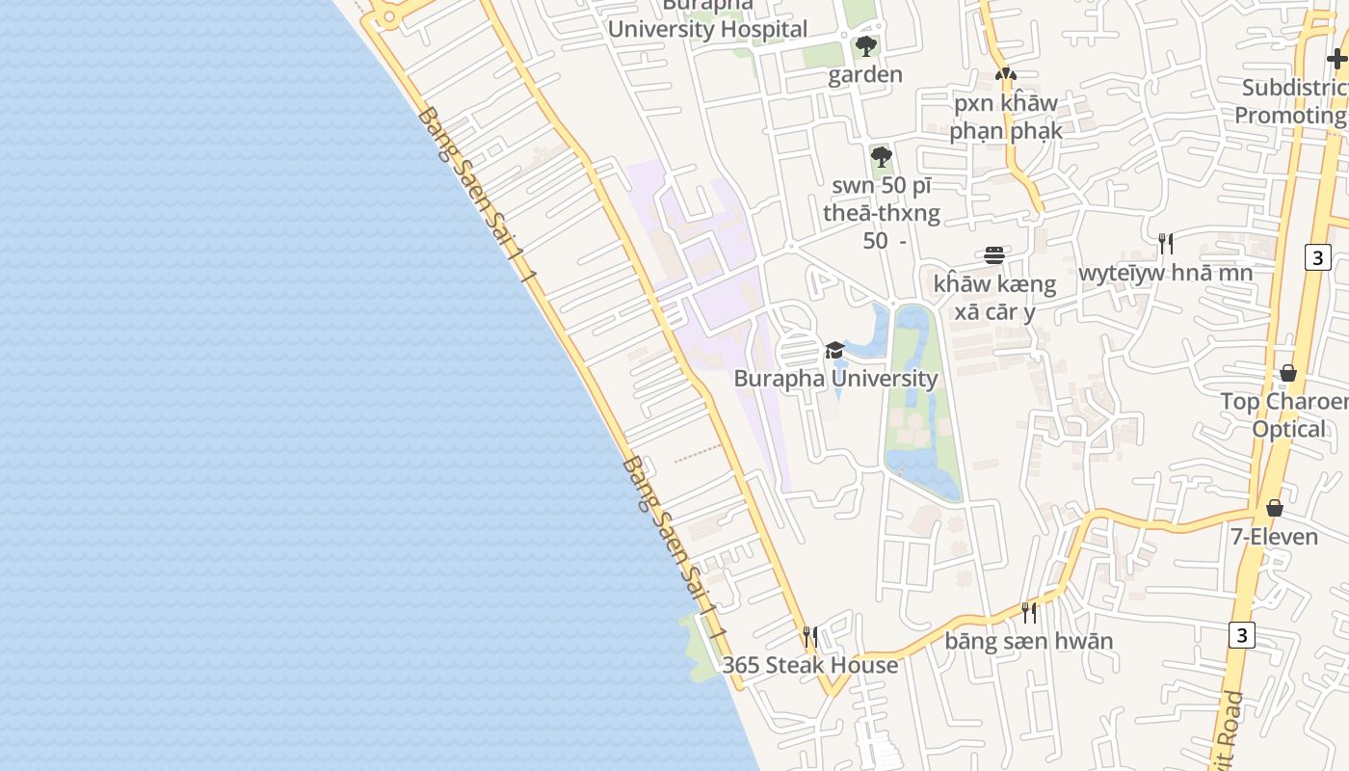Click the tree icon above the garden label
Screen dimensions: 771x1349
[x=865, y=45]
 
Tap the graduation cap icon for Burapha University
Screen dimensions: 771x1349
[x=834, y=350]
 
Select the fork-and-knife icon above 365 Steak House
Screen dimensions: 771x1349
[x=810, y=636]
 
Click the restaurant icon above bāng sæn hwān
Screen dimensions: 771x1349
[x=1029, y=612]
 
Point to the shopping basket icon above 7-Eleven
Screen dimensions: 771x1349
[x=1275, y=507]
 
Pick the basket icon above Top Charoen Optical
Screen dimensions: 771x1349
[x=1288, y=372]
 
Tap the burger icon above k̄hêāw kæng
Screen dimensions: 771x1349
[x=994, y=255]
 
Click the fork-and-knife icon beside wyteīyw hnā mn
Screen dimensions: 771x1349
[x=1166, y=243]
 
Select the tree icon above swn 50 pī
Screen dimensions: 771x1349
[x=881, y=156]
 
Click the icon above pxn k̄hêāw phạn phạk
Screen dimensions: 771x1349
[x=1006, y=73]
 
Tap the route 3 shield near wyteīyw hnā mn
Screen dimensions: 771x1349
[x=1318, y=257]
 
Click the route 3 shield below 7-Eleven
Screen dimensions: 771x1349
[x=1242, y=635]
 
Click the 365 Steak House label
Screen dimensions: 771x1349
[x=809, y=665]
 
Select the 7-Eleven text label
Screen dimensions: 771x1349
[x=1274, y=536]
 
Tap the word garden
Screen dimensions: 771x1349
[x=865, y=74]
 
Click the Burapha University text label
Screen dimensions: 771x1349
[x=835, y=378]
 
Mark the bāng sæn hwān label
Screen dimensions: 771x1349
[x=1028, y=641]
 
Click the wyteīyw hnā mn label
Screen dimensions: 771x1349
[x=1166, y=273]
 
